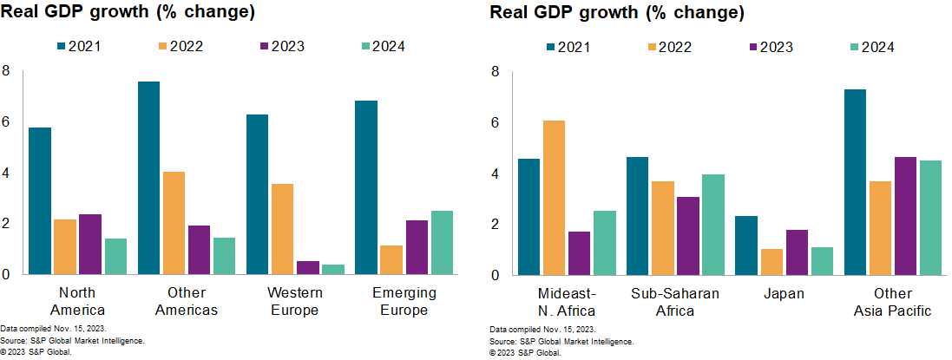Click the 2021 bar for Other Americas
(148, 178)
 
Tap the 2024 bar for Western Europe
(333, 270)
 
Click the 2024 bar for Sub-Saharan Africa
(712, 225)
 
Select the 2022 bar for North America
(64, 247)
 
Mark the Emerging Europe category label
(404, 301)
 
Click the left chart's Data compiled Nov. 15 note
(53, 331)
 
